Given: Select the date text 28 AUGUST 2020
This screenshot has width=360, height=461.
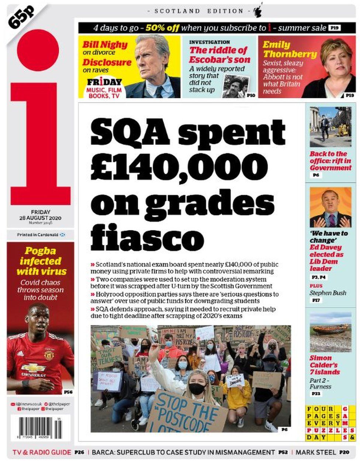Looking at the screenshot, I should (41, 218).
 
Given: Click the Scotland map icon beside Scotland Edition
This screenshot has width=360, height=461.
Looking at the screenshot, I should (257, 12).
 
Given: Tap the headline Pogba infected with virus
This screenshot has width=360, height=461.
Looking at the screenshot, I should (41, 261).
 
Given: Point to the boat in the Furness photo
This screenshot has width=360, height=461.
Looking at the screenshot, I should (329, 328).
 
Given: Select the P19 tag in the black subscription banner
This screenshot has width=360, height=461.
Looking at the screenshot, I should (335, 28).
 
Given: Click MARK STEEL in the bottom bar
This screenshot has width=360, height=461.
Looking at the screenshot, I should (316, 452).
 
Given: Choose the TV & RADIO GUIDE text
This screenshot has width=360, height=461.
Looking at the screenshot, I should (42, 452).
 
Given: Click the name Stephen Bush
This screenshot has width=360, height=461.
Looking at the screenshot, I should (328, 293).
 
